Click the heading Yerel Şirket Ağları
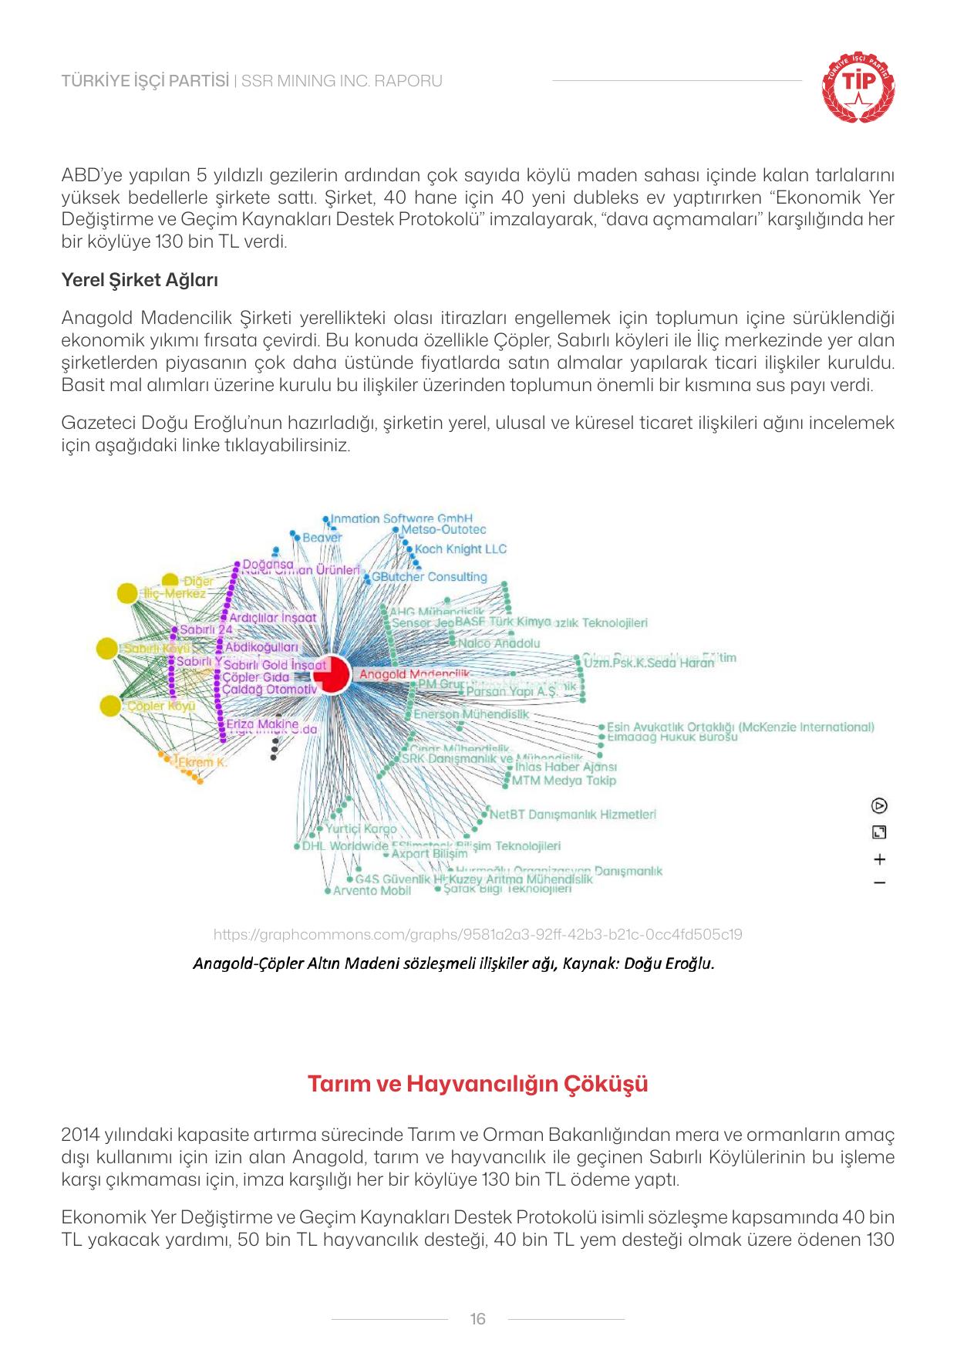(x=140, y=280)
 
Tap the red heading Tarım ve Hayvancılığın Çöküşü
(x=477, y=1084)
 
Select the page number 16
(x=477, y=1319)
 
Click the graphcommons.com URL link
(x=477, y=935)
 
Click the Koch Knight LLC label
(x=460, y=549)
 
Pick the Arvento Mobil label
(x=372, y=891)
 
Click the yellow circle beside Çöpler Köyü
(x=111, y=705)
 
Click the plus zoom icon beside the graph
(x=879, y=859)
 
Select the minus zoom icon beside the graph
(x=879, y=882)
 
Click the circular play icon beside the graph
(x=879, y=806)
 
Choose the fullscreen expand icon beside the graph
(x=879, y=832)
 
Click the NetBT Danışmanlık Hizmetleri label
(x=572, y=814)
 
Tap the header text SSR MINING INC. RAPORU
(x=342, y=81)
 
